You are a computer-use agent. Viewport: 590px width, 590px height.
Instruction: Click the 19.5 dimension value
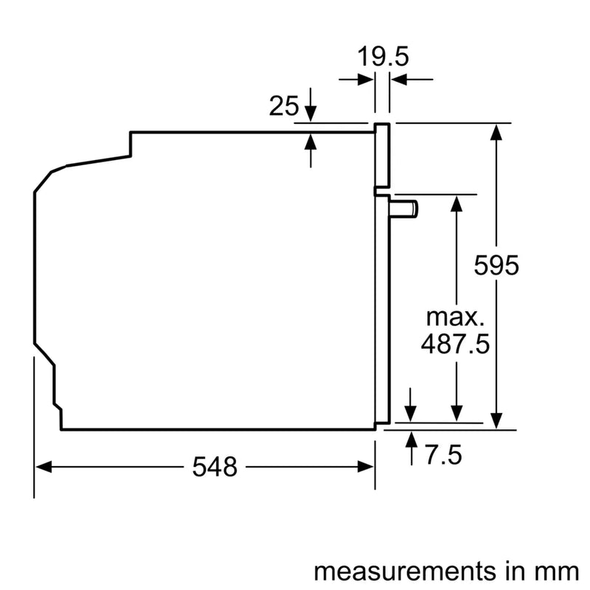pyautogui.click(x=383, y=57)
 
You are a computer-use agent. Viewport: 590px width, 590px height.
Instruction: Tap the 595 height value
pyautogui.click(x=497, y=265)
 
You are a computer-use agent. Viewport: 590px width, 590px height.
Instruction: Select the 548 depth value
pyautogui.click(x=215, y=466)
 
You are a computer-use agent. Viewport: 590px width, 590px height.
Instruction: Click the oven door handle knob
pyautogui.click(x=406, y=209)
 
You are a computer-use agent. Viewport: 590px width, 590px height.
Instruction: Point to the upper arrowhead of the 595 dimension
pyautogui.click(x=499, y=133)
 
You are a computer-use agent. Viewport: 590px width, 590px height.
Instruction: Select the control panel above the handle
pyautogui.click(x=382, y=155)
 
